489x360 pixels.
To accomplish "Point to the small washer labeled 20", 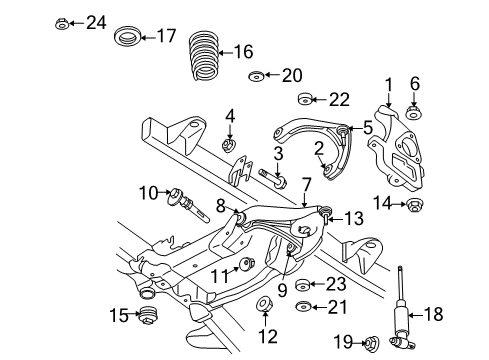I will tap(257, 75).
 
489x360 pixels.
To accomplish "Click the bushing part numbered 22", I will tap(308, 99).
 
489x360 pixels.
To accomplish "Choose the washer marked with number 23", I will tap(306, 285).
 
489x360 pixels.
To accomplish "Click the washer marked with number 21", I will tap(306, 307).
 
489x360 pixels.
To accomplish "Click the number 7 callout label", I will tap(307, 183).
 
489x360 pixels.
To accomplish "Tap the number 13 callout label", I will tap(354, 218).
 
